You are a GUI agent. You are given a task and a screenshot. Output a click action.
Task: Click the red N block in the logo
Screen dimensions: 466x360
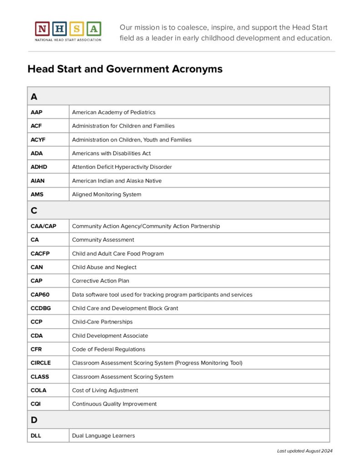point(42,29)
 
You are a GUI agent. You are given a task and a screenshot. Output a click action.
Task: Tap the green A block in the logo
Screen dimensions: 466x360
point(94,29)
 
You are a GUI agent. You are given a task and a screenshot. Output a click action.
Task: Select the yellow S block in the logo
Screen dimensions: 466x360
point(77,29)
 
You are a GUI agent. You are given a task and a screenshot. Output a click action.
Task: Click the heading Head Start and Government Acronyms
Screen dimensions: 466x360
point(125,69)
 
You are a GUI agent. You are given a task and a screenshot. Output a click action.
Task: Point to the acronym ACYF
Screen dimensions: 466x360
point(38,140)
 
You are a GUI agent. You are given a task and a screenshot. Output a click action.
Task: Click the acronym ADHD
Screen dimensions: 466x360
point(39,167)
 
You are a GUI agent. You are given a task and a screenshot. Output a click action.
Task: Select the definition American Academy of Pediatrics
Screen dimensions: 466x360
point(114,112)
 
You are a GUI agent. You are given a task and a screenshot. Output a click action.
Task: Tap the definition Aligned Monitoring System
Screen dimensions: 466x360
point(106,194)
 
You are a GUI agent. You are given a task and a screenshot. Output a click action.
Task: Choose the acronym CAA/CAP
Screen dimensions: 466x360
point(44,226)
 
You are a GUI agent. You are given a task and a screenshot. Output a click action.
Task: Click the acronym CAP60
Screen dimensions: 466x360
point(40,294)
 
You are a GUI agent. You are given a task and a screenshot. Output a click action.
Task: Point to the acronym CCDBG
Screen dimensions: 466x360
point(41,308)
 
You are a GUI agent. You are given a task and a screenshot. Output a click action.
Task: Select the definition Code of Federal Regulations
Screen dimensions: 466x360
point(109,349)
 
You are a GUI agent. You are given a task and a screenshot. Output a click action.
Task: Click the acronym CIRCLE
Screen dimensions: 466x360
point(41,363)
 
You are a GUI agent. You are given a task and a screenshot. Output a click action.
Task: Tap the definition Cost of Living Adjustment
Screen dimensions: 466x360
point(105,390)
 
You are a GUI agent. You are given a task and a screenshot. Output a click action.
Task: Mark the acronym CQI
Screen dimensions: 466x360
point(36,404)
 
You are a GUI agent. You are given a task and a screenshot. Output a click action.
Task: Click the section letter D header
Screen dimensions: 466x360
point(34,420)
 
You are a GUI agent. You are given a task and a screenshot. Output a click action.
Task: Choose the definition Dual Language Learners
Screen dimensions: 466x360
point(104,436)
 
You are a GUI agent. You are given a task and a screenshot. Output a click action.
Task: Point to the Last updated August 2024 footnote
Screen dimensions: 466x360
point(305,451)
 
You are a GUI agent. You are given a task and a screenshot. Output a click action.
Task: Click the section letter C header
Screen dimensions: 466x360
point(34,210)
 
